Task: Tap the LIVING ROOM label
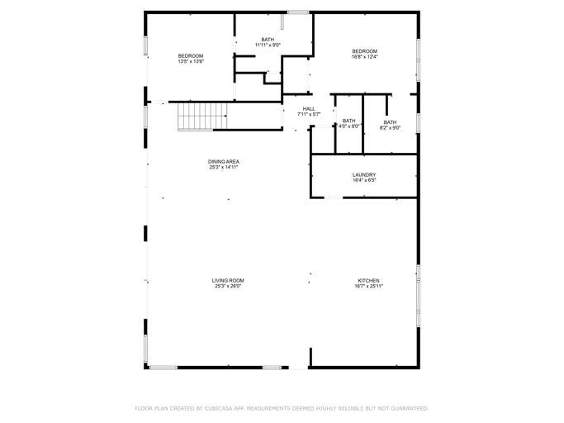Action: coord(228,280)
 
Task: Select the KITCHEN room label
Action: coord(368,280)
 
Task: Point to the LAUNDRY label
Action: coord(364,174)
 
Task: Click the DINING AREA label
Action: coord(224,161)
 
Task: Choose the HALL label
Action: coord(309,108)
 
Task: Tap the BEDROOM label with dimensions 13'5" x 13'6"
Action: coord(191,55)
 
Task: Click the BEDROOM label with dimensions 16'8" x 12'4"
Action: coord(364,51)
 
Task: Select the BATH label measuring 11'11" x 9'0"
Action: coord(268,39)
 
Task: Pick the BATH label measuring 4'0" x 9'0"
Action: coord(349,121)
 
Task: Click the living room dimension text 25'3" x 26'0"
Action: coord(228,286)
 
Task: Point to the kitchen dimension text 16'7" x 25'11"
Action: coord(368,286)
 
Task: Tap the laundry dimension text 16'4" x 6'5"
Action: coord(364,180)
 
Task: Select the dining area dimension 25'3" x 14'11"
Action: coord(224,167)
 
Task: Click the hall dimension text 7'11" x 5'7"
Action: coord(309,114)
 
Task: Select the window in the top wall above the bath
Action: coord(298,12)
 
